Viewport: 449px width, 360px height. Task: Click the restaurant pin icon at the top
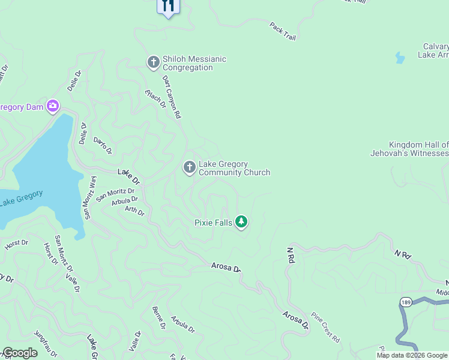(168, 6)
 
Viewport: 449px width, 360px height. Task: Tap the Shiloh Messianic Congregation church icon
(153, 62)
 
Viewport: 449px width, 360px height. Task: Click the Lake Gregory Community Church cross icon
(189, 167)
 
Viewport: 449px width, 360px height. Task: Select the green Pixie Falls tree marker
(241, 222)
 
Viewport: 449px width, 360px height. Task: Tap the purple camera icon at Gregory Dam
(53, 107)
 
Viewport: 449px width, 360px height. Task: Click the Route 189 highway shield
(405, 301)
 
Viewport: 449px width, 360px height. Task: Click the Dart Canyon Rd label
(170, 96)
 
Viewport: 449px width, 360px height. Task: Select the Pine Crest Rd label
(325, 328)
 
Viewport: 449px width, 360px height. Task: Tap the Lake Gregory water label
(21, 198)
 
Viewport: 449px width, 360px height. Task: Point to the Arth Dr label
(134, 211)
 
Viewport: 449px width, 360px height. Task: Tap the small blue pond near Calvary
(399, 58)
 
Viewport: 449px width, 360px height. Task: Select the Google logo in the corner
(20, 353)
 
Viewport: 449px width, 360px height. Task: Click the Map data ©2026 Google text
(412, 355)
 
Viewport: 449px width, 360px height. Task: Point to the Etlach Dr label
(155, 98)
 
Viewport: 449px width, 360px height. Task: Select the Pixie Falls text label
(213, 223)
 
